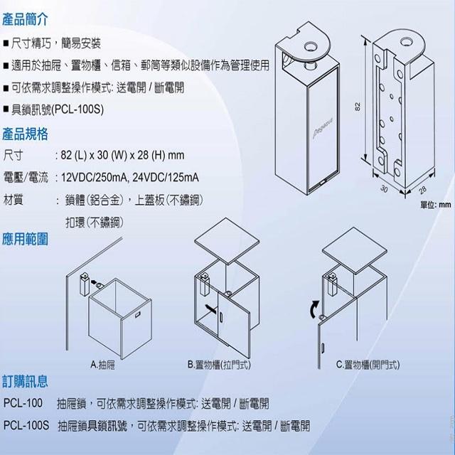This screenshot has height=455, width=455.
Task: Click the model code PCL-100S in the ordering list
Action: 26,427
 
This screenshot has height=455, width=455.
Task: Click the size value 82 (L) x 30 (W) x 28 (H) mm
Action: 123,154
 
